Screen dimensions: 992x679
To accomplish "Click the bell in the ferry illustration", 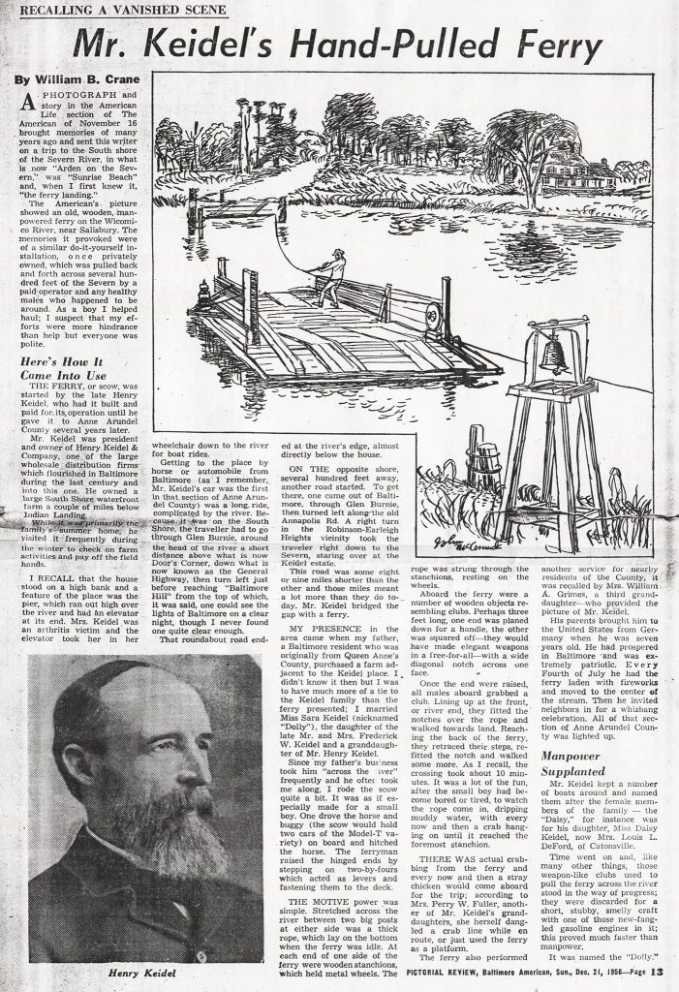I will tap(554, 355).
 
